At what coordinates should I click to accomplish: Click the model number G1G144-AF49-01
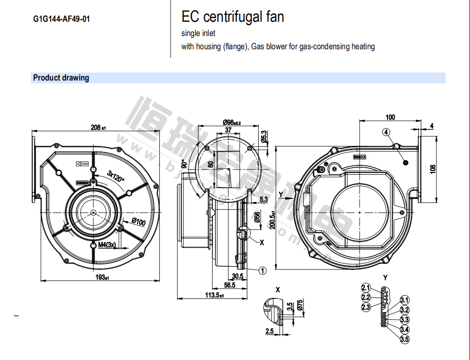[x=62, y=20]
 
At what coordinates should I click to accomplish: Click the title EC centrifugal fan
[x=233, y=17]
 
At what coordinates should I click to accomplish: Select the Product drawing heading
[x=61, y=78]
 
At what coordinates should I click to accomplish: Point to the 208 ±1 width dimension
[x=99, y=127]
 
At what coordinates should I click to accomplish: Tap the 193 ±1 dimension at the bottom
[x=102, y=277]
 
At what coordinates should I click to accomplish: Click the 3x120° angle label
[x=116, y=176]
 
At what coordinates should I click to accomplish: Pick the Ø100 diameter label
[x=138, y=221]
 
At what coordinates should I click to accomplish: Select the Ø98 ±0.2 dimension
[x=232, y=122]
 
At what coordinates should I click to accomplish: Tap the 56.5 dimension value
[x=229, y=285]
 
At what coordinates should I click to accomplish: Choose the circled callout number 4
[x=387, y=133]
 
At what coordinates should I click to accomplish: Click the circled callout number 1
[x=262, y=270]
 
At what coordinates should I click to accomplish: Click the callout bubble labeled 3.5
[x=404, y=339]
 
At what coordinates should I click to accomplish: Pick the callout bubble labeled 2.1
[x=366, y=288]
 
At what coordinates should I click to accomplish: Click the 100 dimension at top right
[x=390, y=117]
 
